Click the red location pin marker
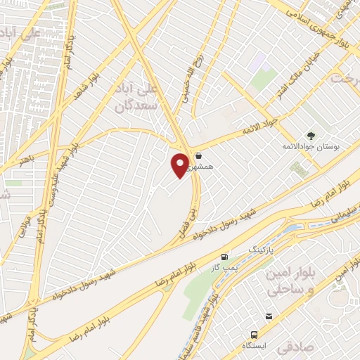(x=181, y=165)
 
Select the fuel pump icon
(x=225, y=257)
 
